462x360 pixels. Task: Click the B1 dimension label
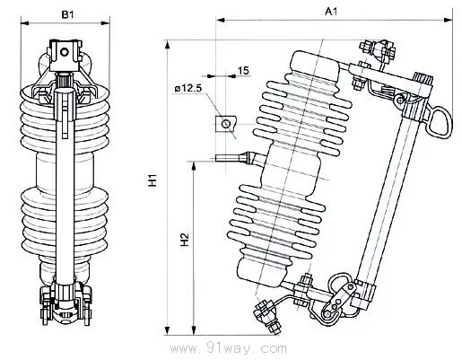pyautogui.click(x=67, y=14)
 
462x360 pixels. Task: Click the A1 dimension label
pyautogui.click(x=331, y=12)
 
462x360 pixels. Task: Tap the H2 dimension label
pyautogui.click(x=186, y=240)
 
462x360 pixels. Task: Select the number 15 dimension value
pyautogui.click(x=243, y=71)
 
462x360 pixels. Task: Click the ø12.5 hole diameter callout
pyautogui.click(x=189, y=88)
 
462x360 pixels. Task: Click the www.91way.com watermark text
pyautogui.click(x=229, y=348)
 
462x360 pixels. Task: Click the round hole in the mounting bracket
pyautogui.click(x=225, y=123)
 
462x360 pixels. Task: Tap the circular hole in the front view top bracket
pyautogui.click(x=65, y=52)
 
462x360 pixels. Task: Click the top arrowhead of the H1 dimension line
pyautogui.click(x=168, y=45)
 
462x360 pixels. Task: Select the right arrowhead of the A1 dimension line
pyautogui.click(x=448, y=20)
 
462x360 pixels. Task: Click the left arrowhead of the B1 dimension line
pyautogui.click(x=25, y=23)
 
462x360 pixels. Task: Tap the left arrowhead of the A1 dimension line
pyautogui.click(x=221, y=20)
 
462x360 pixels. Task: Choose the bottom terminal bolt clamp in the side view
pyautogui.click(x=267, y=317)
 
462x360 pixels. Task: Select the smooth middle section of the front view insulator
pyautogui.click(x=65, y=171)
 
